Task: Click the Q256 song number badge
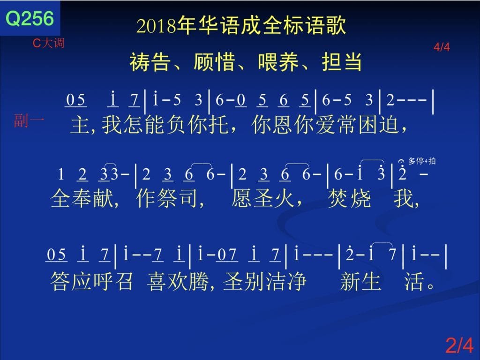30,18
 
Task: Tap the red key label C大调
48,43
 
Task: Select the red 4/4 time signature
442,47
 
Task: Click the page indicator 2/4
459,345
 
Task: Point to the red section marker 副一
29,120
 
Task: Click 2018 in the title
157,26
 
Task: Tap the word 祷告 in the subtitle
150,62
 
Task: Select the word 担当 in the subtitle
342,62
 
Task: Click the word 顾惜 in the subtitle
214,62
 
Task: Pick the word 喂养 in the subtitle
278,62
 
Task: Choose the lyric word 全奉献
82,198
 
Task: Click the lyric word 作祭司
167,198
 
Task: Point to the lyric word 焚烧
349,198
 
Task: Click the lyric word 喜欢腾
178,281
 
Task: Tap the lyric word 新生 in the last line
360,281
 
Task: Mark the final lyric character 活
414,281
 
